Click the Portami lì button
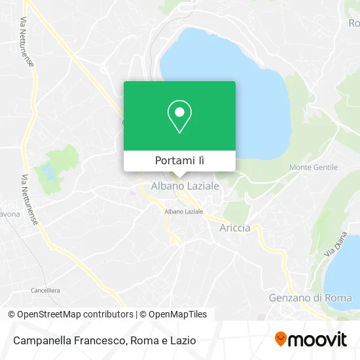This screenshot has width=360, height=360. [179, 160]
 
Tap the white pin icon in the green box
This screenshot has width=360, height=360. [179, 117]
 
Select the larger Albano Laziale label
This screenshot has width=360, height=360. [185, 187]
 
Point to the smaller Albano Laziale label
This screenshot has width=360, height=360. [184, 212]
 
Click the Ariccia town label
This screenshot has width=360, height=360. [235, 228]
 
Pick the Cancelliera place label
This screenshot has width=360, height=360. [45, 289]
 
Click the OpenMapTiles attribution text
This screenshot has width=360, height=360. [173, 314]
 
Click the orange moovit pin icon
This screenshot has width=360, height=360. [281, 339]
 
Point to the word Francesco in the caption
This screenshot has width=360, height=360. [99, 340]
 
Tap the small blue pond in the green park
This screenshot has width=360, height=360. [48, 173]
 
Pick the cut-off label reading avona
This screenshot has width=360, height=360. [9, 214]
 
